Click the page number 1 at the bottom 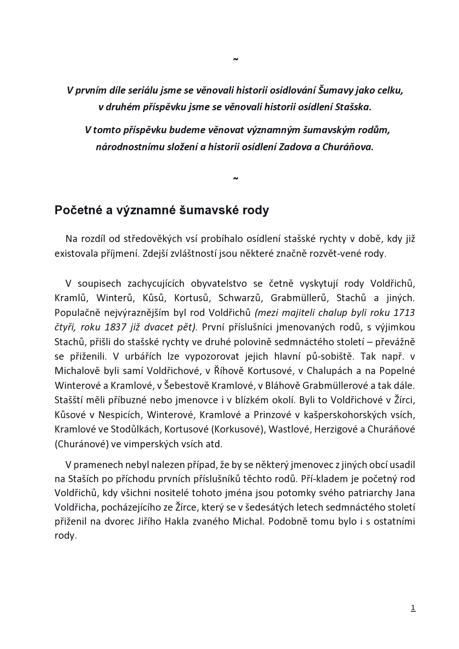(x=413, y=608)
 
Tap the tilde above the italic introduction (x=235, y=59)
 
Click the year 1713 (x=404, y=313)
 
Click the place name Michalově (x=76, y=370)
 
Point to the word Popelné (x=397, y=370)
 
